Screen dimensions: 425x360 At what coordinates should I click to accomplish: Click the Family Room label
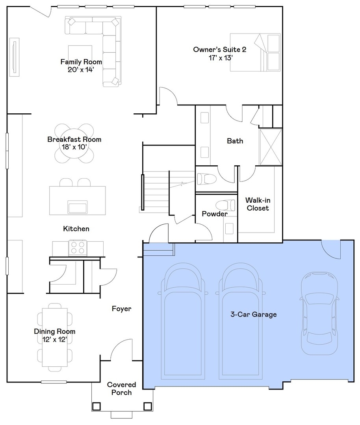(x=81, y=62)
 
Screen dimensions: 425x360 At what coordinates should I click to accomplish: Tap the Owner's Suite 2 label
(x=219, y=50)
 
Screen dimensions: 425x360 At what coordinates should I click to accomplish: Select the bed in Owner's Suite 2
(x=255, y=52)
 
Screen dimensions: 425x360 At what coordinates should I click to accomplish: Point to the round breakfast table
(x=74, y=144)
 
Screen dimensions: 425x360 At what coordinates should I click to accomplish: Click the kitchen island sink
(x=78, y=207)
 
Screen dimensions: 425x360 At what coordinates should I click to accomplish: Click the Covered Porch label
(x=121, y=388)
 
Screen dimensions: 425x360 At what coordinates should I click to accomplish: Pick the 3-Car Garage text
(x=253, y=314)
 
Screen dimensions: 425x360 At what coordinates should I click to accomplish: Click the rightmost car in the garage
(x=319, y=313)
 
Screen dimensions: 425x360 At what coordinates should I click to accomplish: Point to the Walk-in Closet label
(x=258, y=204)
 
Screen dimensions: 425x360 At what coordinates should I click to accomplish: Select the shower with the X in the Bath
(x=271, y=147)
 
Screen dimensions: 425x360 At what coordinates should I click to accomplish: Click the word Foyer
(x=121, y=309)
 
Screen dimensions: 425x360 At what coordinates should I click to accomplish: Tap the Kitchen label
(x=76, y=229)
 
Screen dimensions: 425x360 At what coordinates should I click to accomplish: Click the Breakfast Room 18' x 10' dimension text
(x=74, y=147)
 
